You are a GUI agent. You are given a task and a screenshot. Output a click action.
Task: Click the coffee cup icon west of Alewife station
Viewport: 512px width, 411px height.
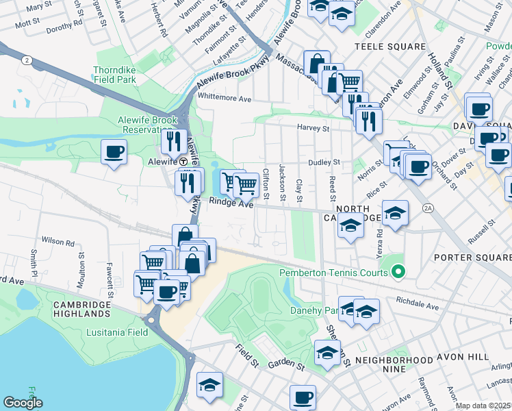tap(114, 151)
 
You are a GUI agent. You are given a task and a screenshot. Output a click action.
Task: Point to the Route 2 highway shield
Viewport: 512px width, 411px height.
tap(25, 60)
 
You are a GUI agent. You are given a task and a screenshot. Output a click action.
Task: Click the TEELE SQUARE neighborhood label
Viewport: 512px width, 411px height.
tap(390, 47)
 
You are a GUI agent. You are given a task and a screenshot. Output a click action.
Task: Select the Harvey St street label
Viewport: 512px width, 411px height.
tap(313, 127)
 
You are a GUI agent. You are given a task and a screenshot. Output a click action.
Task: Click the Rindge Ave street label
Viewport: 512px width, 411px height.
tap(231, 202)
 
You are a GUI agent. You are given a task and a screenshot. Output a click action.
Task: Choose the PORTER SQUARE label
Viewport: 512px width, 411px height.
tap(473, 258)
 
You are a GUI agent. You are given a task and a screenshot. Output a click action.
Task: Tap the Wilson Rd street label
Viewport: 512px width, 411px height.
tap(57, 242)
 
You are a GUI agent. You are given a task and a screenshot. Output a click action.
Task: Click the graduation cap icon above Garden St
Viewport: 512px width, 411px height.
tap(327, 353)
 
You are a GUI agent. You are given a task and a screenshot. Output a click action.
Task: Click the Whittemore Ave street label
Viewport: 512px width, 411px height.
tap(225, 99)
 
